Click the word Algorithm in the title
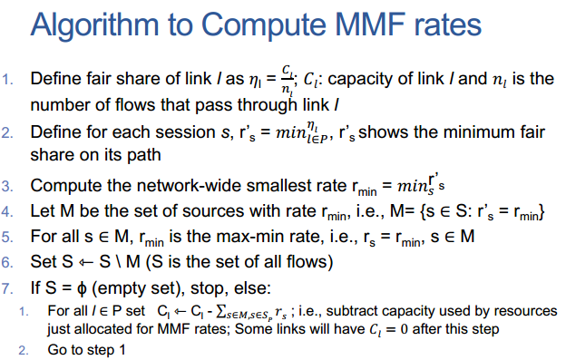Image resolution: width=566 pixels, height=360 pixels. [x=94, y=25]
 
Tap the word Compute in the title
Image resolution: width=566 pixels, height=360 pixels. [x=264, y=24]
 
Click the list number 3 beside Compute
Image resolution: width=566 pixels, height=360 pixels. [x=7, y=186]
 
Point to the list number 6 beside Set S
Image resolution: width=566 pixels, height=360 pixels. [x=7, y=262]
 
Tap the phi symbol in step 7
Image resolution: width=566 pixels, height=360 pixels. [x=82, y=289]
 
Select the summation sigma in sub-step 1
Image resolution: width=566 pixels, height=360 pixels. [x=220, y=312]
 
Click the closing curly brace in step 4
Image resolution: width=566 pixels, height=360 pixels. [x=541, y=212]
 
